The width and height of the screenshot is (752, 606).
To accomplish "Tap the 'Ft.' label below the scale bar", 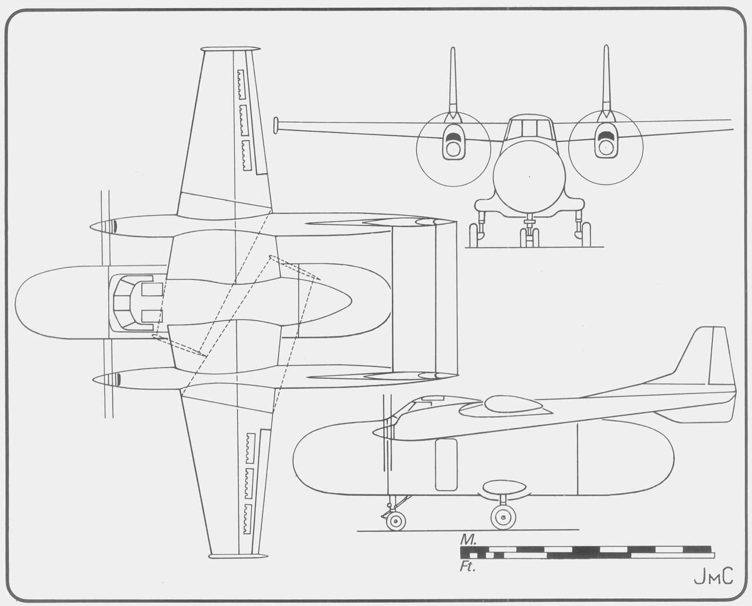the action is click(x=467, y=567).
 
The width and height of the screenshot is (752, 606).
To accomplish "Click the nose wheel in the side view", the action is click(x=396, y=521).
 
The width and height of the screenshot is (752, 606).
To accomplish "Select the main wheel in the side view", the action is click(x=503, y=517).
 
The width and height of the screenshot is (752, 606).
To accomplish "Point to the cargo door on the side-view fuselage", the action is click(x=446, y=465).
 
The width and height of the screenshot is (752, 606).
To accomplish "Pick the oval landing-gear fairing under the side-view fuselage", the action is click(x=504, y=488).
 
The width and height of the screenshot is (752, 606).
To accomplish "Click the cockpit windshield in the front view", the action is click(x=529, y=128).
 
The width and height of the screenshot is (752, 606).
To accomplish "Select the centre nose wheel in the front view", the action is click(x=529, y=237).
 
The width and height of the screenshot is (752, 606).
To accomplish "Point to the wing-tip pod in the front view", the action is click(x=276, y=125).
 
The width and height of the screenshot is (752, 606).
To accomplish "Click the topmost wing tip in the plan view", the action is click(x=230, y=49).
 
